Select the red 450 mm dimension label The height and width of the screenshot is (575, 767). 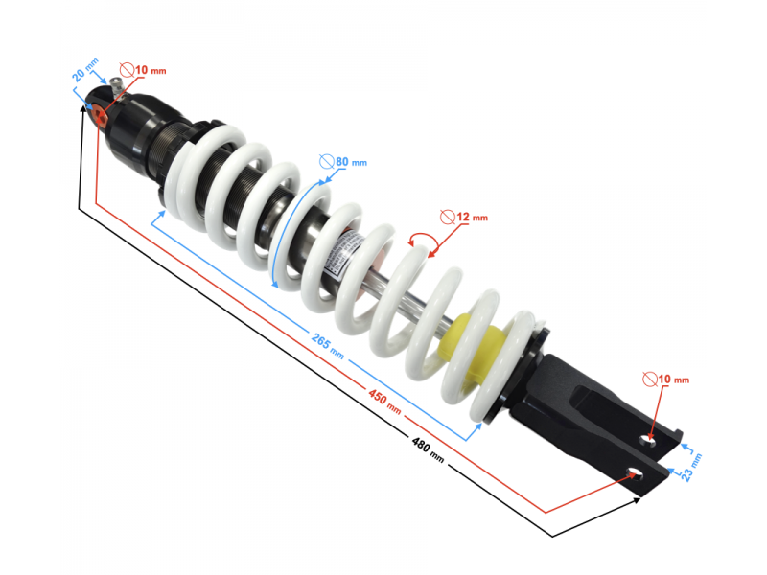(x=384, y=402)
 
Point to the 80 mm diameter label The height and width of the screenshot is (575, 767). (x=350, y=162)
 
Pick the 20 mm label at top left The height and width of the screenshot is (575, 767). (x=85, y=71)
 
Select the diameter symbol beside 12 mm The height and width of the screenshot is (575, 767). (x=445, y=217)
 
